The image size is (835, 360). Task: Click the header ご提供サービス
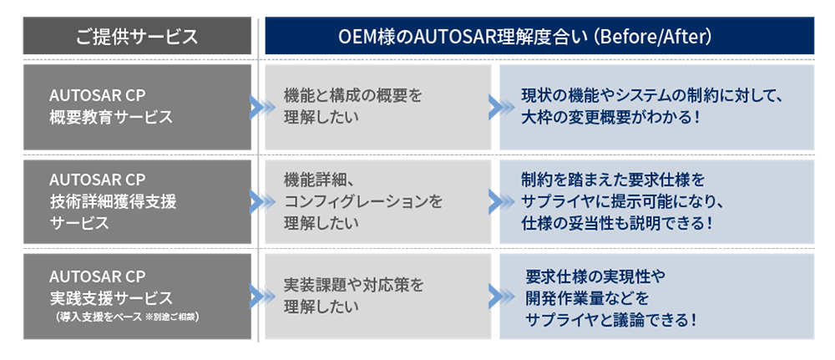pos(137,37)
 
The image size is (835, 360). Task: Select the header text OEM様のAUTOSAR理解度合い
pos(452,37)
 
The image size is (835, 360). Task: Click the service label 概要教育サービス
pos(110,116)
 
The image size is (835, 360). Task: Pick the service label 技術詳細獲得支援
pos(113,201)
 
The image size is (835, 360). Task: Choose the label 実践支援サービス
pos(111,297)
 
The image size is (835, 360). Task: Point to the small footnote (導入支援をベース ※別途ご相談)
pos(126,318)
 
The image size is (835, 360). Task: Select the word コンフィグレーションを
pos(362,201)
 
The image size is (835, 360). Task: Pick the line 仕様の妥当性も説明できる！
pos(616,223)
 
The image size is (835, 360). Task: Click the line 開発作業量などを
pos(586,297)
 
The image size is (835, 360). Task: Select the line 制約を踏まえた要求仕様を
pos(613,180)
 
